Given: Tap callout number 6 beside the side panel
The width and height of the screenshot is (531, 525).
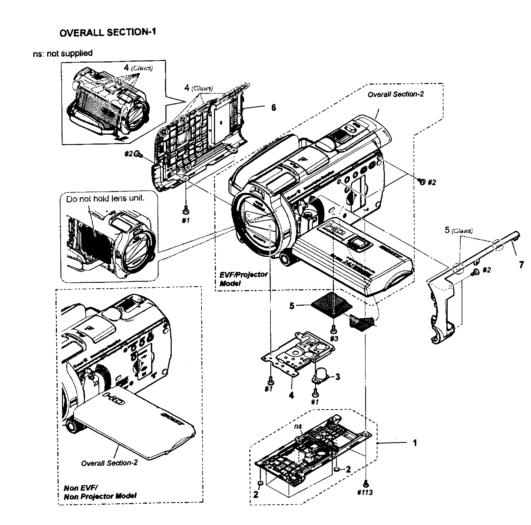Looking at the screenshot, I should coord(273,107).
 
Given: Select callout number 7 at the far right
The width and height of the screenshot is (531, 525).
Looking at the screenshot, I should coord(521,265).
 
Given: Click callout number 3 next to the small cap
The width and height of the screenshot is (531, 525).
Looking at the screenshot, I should coord(338,376).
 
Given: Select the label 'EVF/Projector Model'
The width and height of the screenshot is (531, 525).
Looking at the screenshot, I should coord(243,279).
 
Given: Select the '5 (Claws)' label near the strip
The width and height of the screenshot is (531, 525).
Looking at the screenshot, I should coord(458,230).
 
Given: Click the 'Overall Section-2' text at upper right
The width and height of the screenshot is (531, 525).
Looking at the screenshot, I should coord(396,94).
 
